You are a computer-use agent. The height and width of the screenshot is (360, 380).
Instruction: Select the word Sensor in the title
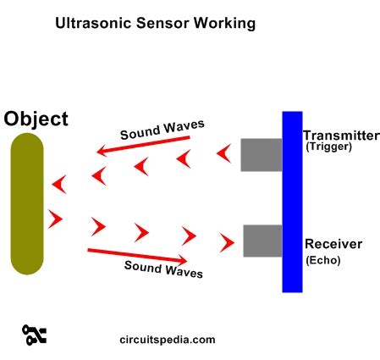[159, 24]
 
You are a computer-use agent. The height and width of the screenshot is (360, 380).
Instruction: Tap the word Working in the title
[222, 24]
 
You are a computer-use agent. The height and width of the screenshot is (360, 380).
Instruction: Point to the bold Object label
[36, 118]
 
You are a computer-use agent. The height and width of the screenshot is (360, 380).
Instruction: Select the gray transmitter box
[261, 154]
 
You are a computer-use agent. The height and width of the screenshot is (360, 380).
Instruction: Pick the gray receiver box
[262, 241]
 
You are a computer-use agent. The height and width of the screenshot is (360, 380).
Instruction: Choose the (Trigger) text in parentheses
[328, 147]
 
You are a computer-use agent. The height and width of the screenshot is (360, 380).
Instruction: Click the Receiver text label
[333, 244]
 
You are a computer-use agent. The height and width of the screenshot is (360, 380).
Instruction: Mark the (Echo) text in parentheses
[322, 260]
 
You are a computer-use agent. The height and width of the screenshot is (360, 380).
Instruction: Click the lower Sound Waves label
[164, 269]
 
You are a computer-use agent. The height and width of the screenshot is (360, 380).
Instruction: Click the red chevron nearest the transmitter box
[223, 154]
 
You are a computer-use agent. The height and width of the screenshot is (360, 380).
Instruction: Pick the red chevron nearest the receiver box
[226, 244]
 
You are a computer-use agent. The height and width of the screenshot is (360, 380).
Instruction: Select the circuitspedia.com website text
[168, 340]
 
